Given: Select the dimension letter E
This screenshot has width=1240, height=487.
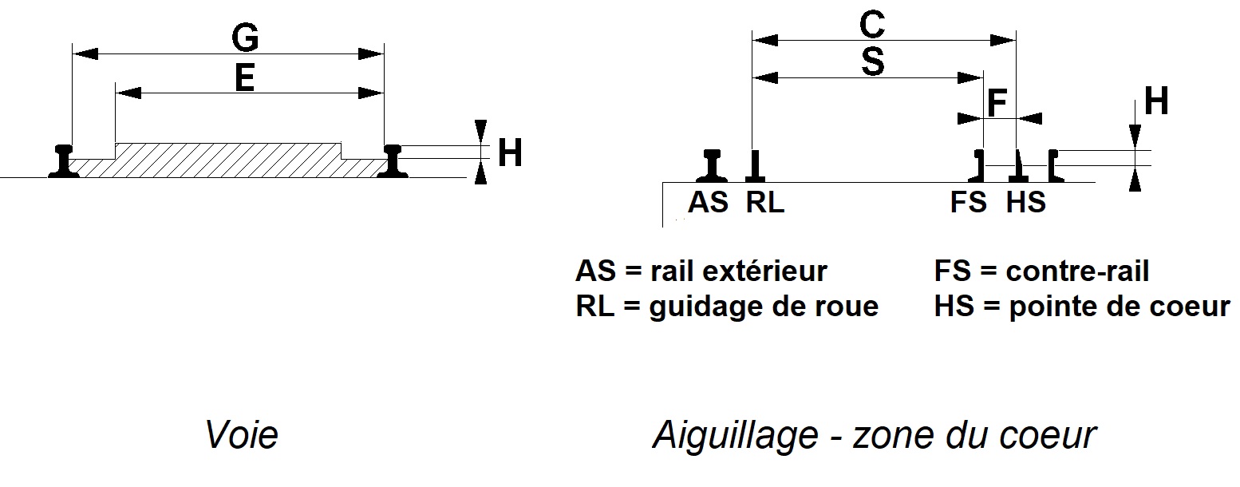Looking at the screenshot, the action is pyautogui.click(x=245, y=77).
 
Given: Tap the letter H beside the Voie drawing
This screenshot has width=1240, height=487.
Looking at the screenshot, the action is pyautogui.click(x=510, y=152).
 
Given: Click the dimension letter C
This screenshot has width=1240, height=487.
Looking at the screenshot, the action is pyautogui.click(x=872, y=25).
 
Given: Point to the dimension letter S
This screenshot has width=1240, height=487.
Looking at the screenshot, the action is pyautogui.click(x=873, y=62).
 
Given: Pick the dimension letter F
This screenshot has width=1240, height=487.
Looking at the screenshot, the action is pyautogui.click(x=997, y=102).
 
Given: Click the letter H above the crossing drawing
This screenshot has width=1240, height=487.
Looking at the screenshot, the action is pyautogui.click(x=1156, y=101).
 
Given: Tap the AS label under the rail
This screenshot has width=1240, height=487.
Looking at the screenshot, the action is pyautogui.click(x=708, y=202).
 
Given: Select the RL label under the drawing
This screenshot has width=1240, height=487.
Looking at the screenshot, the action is pyautogui.click(x=765, y=202).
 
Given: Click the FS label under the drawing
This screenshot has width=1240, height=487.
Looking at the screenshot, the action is pyautogui.click(x=969, y=202).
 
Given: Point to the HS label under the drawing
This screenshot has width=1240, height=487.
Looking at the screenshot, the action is pyautogui.click(x=1026, y=202).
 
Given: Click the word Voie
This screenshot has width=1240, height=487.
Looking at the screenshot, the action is pyautogui.click(x=242, y=435).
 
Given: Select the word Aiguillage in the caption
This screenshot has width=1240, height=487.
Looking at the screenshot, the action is pyautogui.click(x=736, y=436).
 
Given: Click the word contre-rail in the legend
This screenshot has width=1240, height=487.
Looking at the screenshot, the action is pyautogui.click(x=1077, y=271).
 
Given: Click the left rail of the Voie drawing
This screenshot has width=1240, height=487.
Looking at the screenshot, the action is pyautogui.click(x=64, y=161).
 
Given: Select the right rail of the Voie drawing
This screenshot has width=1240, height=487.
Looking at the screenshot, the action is pyautogui.click(x=393, y=161).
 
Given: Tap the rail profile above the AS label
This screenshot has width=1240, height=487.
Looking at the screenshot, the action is pyautogui.click(x=712, y=165).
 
